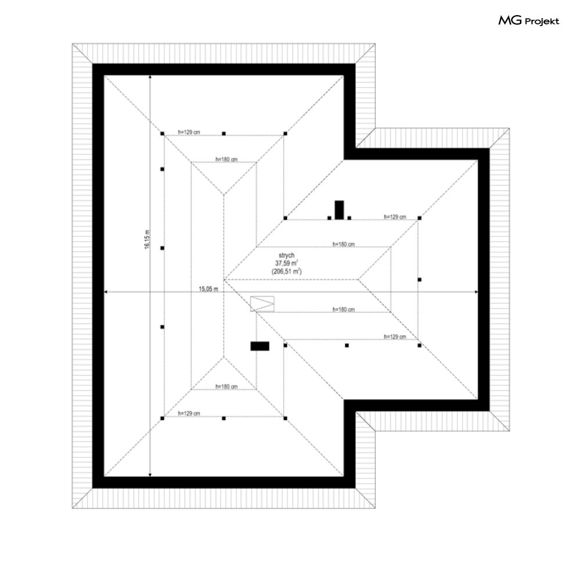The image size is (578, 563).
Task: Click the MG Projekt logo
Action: point(529,21)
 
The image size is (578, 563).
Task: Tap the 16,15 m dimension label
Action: point(146,238)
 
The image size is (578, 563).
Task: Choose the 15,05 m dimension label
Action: point(208,288)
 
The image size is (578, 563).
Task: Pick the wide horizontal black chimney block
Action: point(260,346)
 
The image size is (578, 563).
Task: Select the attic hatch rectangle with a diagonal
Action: point(263,303)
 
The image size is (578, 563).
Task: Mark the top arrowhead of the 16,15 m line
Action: point(150,77)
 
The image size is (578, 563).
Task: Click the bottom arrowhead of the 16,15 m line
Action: point(150,475)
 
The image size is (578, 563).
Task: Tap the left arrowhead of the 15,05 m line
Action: point(106,292)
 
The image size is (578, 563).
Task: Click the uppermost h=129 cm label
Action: point(189,132)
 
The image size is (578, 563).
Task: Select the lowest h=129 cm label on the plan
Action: point(189,413)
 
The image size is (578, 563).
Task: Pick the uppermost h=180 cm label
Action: point(226,159)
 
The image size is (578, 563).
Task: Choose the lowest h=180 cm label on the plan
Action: point(226,386)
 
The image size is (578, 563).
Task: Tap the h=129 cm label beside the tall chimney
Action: point(394,216)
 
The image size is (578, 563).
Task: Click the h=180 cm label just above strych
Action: point(343,244)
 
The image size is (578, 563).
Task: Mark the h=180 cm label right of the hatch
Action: point(343,309)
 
